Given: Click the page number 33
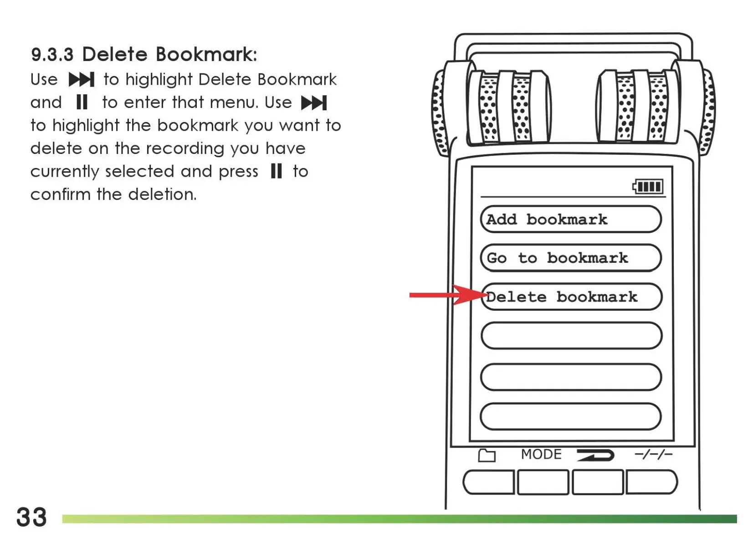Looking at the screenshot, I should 31,517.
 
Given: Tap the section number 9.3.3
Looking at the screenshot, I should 52,55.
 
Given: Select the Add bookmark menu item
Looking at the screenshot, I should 570,220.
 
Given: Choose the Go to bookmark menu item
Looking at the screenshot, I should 570,258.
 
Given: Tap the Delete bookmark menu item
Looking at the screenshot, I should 570,297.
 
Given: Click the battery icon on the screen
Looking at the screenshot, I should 648,186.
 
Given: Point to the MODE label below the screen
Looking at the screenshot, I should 541,454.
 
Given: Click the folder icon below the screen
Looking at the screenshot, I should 487,455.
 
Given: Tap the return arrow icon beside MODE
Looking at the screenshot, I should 595,455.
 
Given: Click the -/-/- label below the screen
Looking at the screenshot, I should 653,454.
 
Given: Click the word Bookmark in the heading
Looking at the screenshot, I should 206,54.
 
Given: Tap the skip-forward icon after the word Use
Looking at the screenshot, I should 82,80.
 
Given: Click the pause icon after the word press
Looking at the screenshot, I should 276,171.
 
